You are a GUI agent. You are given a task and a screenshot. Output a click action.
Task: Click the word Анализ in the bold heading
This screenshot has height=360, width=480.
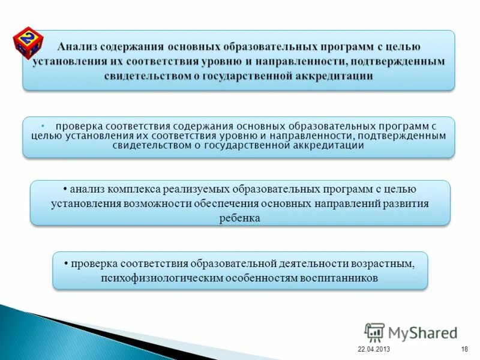80,46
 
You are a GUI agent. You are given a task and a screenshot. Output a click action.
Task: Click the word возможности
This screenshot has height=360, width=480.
157,203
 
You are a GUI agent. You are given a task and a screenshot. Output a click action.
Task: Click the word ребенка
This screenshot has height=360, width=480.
239,218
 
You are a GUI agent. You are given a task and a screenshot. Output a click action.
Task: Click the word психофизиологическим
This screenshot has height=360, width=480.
156,278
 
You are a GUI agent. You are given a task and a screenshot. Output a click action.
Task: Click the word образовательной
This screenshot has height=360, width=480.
233,263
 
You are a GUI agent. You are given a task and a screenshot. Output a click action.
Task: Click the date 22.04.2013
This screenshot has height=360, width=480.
373,349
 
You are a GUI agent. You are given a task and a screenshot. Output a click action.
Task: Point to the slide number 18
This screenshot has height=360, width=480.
464,349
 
